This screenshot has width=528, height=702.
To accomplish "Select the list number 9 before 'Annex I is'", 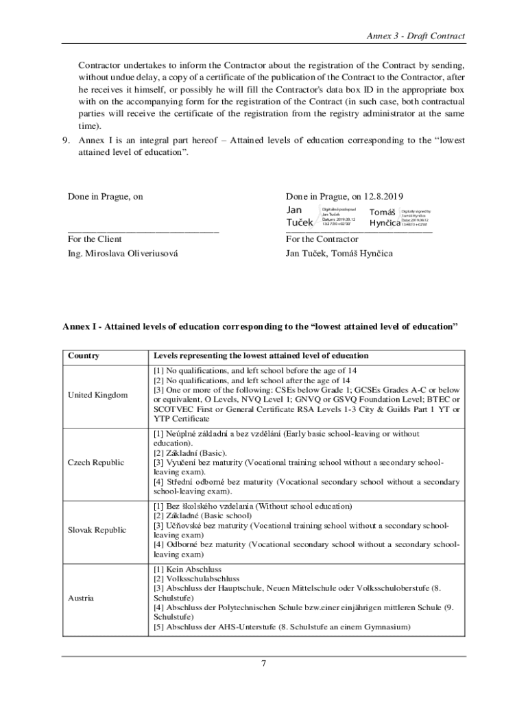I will coord(67,141).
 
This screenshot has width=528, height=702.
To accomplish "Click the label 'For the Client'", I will coord(95,239).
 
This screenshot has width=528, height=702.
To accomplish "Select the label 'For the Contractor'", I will coord(322,239).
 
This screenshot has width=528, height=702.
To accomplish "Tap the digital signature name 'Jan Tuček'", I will coord(299,216).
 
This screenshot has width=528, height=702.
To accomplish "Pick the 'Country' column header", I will coord(84,356).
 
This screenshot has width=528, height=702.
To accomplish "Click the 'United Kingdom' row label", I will coord(97,395).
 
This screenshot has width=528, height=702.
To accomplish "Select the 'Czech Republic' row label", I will coord(96,462).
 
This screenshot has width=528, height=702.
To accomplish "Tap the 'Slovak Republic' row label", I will coord(97,530).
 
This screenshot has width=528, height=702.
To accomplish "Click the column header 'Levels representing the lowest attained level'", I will coord(261,356).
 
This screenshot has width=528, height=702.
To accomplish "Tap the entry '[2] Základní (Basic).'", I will coord(190,453).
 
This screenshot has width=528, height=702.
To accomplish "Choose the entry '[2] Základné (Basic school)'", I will coord(202,516).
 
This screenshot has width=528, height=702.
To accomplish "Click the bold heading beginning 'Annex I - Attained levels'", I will coord(260,327).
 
